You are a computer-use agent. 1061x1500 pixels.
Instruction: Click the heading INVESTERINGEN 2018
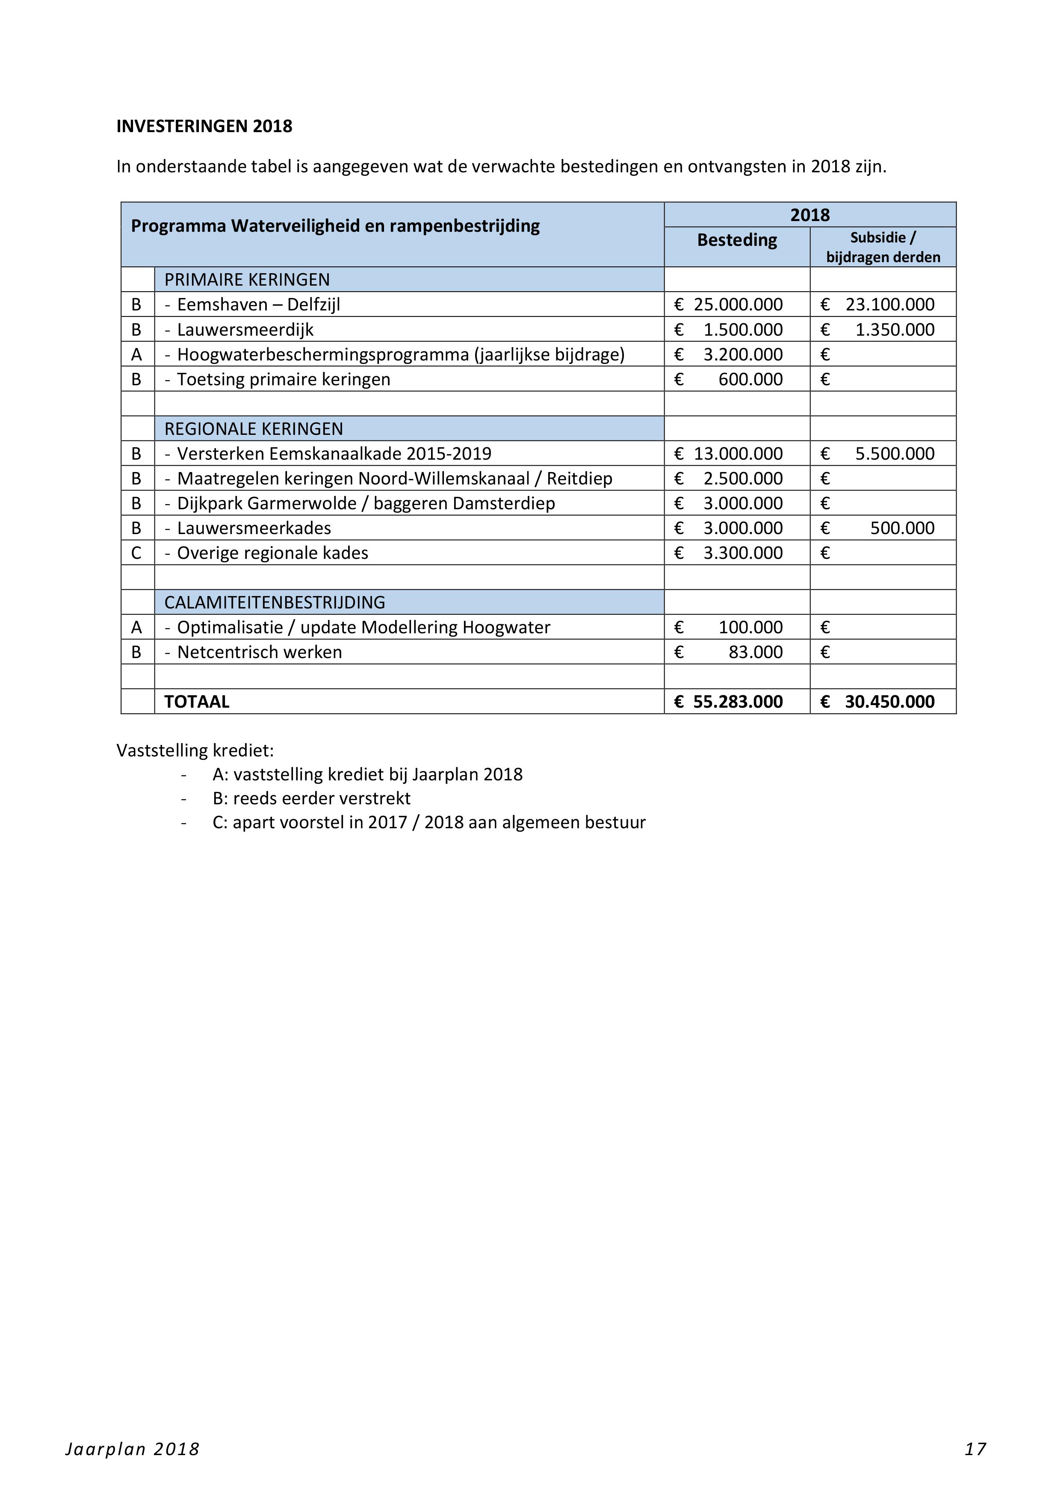click(204, 126)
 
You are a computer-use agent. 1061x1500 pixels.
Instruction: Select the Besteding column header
click(736, 240)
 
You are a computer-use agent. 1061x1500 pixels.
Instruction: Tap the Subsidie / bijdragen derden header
click(883, 248)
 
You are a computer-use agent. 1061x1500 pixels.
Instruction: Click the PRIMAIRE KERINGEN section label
click(247, 280)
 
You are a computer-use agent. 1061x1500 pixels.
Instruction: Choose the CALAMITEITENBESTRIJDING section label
click(275, 602)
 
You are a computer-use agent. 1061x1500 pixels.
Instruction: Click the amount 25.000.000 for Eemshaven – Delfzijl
click(738, 304)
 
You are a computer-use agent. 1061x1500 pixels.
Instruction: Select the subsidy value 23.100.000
click(890, 304)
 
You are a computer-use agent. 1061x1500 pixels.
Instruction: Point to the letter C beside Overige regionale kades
click(136, 553)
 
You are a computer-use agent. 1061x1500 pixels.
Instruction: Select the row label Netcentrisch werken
click(260, 652)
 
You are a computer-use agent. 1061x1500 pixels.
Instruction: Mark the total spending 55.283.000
click(738, 702)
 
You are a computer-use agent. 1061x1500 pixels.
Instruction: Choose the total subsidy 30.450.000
click(889, 702)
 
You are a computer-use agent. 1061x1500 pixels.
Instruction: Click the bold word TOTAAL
click(197, 702)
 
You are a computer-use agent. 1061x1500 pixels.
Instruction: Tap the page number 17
click(975, 1449)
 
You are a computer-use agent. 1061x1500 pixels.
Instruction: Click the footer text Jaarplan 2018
click(132, 1449)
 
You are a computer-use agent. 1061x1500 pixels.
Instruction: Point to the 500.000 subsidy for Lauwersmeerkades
click(902, 528)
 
